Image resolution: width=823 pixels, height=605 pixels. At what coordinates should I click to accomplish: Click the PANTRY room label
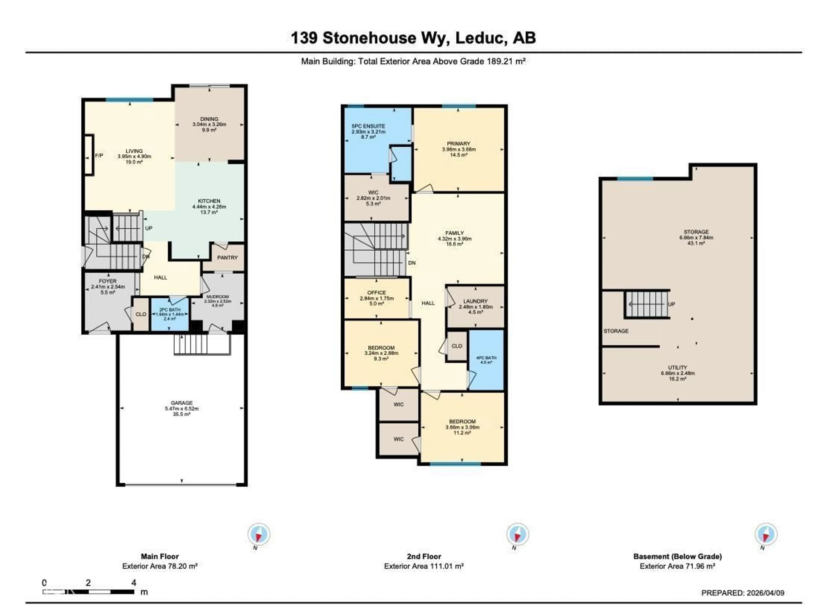click(x=227, y=258)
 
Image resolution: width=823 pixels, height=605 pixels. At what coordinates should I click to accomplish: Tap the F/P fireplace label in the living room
click(x=99, y=156)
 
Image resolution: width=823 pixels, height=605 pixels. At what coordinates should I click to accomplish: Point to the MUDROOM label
click(x=218, y=297)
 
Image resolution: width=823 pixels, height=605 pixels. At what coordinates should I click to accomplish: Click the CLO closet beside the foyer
click(x=141, y=314)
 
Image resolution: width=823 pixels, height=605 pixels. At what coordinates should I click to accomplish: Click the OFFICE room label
click(x=377, y=293)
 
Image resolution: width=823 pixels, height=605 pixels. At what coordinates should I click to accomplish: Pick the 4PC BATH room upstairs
click(x=486, y=360)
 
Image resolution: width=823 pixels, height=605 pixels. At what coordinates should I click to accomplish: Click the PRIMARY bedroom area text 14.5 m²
click(x=458, y=155)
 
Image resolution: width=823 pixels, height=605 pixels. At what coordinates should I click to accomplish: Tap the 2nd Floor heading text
click(x=424, y=556)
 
